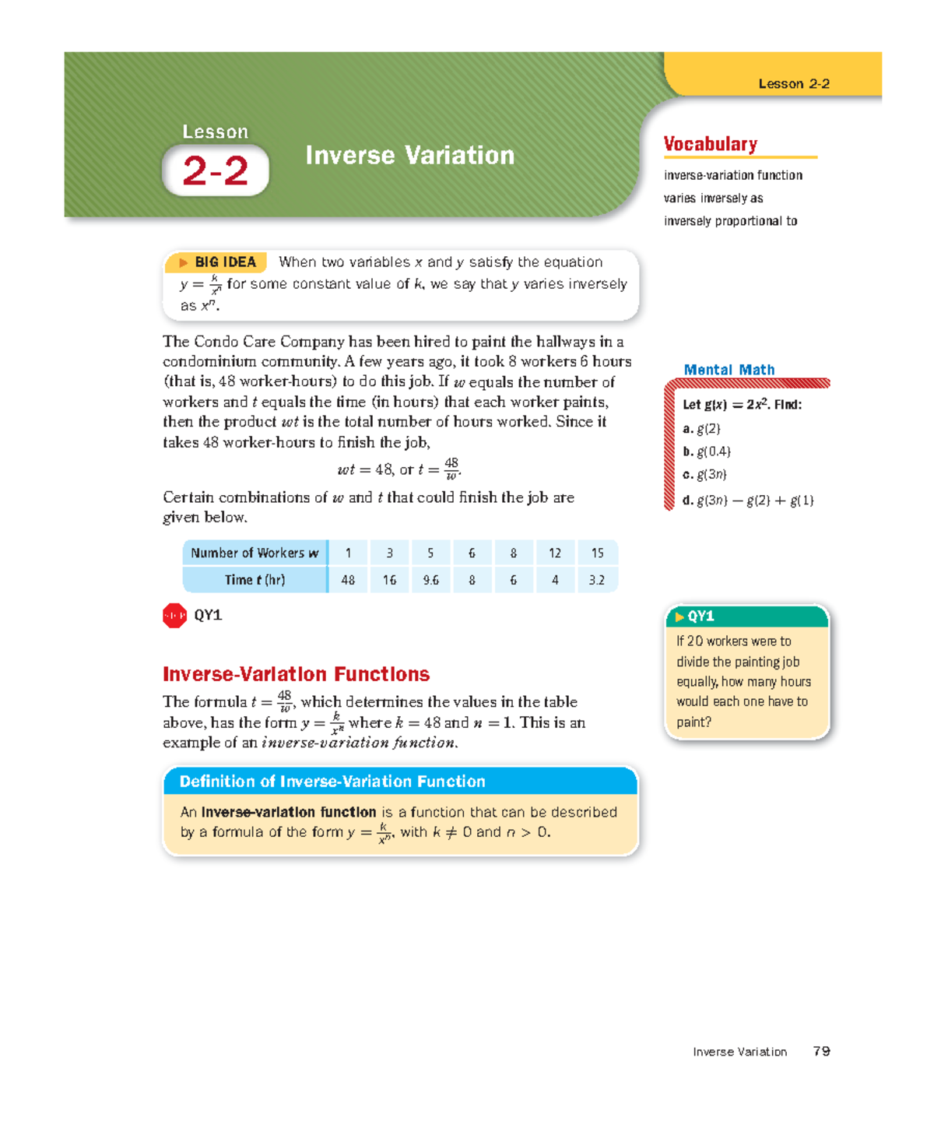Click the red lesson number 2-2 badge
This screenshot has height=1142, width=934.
pos(215,170)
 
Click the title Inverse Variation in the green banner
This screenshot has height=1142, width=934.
pos(409,156)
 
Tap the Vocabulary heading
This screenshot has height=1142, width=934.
pos(710,144)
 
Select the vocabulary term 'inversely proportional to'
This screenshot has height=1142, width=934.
pos(730,221)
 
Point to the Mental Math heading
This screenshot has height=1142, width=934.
pos(729,370)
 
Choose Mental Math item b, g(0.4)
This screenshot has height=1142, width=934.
pos(707,452)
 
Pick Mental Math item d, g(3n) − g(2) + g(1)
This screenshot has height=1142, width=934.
pos(748,501)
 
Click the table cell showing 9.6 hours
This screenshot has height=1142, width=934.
pos(430,580)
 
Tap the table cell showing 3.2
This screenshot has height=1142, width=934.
pos(597,580)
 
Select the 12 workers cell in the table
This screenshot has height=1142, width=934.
pos(555,553)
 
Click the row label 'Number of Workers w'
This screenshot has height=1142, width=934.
pos(255,553)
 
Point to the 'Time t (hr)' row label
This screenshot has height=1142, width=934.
pos(255,580)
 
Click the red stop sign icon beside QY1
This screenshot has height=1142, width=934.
pos(174,616)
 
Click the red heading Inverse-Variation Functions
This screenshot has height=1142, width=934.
pos(296,674)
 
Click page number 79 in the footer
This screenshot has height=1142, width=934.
pos(821,1052)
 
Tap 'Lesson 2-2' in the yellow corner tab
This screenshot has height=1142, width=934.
pos(793,84)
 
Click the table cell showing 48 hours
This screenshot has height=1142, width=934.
pos(348,580)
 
